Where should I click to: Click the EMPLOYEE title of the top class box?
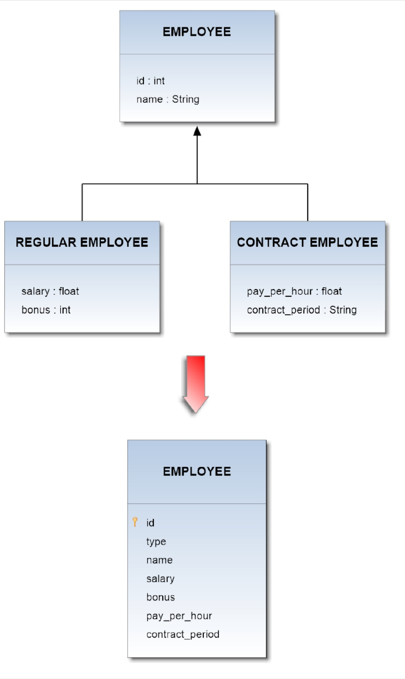[197, 32]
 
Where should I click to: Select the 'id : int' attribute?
[150, 81]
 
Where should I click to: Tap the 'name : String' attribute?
[167, 99]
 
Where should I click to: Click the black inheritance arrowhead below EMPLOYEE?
[197, 131]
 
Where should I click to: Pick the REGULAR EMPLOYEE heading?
[82, 242]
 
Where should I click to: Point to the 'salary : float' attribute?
[50, 291]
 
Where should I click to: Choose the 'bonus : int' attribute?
[46, 310]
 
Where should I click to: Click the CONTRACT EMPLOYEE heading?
[308, 242]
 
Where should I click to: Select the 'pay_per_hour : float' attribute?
[294, 291]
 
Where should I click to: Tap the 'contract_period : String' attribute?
[301, 310]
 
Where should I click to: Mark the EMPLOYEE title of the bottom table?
[197, 471]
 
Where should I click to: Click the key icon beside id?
[135, 522]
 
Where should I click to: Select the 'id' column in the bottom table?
[150, 523]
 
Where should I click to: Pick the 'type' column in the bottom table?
[156, 542]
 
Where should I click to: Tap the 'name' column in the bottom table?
[159, 560]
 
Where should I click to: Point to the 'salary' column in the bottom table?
[160, 579]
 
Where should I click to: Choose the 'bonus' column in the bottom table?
[161, 597]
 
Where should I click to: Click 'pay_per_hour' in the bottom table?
[179, 616]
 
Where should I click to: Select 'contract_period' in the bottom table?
[183, 635]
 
